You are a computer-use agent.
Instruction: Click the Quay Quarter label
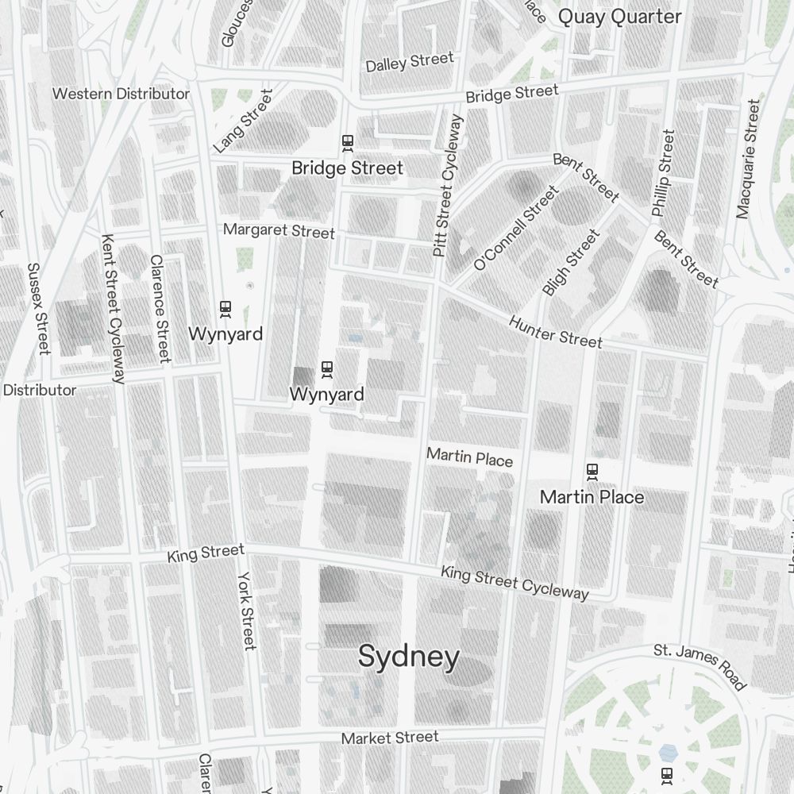[619, 17]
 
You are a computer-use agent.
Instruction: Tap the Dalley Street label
[410, 62]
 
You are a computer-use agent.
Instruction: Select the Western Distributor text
[121, 94]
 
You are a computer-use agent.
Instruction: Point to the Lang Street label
[243, 121]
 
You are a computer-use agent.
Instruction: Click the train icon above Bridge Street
[347, 143]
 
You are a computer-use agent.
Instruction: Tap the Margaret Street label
[279, 231]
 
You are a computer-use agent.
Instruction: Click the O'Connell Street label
[516, 228]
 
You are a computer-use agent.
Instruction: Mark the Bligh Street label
[571, 263]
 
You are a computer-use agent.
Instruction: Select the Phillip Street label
[663, 173]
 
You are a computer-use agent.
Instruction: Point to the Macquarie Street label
[748, 159]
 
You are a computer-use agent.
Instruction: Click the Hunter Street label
[556, 332]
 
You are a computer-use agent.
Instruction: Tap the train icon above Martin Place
[592, 472]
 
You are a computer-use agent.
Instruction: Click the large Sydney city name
[409, 657]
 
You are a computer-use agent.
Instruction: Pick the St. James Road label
[700, 666]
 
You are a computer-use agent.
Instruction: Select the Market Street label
[389, 738]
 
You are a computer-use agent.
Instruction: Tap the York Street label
[247, 611]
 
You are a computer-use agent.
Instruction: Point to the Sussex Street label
[38, 309]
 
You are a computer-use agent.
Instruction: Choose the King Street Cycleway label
[515, 583]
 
